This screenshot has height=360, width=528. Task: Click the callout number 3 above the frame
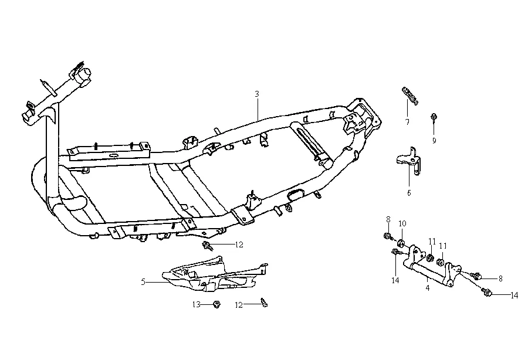click(x=257, y=94)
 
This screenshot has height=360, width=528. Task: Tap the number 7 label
click(x=407, y=122)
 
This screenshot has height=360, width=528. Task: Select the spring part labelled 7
click(x=409, y=95)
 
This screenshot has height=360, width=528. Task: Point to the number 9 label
click(x=434, y=141)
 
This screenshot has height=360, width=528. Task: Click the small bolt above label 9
click(x=434, y=117)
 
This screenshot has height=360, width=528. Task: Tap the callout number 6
click(x=409, y=192)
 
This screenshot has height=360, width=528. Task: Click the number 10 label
click(x=402, y=223)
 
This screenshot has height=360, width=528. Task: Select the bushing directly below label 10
click(x=402, y=243)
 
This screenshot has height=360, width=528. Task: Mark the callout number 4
click(x=427, y=287)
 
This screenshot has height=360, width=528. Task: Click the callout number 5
click(x=143, y=282)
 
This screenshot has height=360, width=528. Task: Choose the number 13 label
click(x=197, y=304)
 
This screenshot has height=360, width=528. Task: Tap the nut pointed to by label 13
click(x=215, y=304)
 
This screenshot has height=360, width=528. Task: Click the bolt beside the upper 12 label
click(x=207, y=244)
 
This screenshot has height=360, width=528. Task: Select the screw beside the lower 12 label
click(x=263, y=303)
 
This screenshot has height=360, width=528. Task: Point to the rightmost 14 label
click(x=514, y=296)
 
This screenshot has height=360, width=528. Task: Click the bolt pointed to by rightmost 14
click(x=486, y=291)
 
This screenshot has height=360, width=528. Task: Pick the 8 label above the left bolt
click(x=388, y=220)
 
